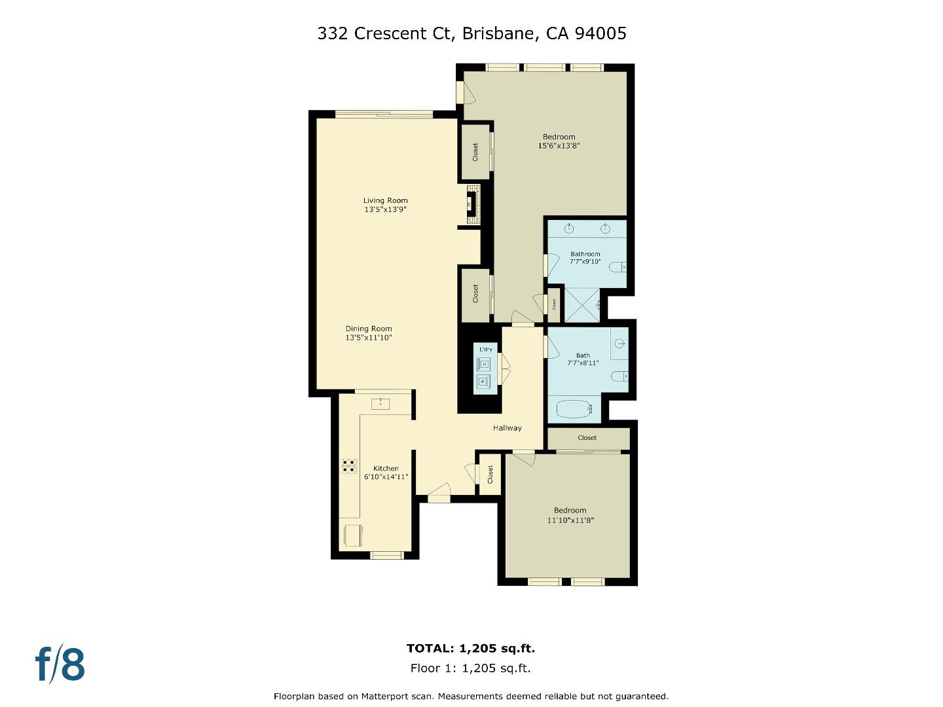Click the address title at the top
coord(471,33)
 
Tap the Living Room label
coord(386,201)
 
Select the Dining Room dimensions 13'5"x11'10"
coord(369,338)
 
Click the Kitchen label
coord(386,468)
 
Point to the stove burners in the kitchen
coord(349,465)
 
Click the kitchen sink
coord(380,404)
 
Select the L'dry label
coord(485,350)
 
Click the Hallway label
coord(508,428)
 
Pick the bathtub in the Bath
coord(574,410)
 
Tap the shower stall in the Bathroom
coord(582,305)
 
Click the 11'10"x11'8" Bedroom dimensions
coord(570,520)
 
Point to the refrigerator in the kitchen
coord(352,535)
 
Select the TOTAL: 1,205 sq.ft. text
coord(471,649)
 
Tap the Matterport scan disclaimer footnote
coord(471,697)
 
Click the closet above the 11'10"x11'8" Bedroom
coord(587,438)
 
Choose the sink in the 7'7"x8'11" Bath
coord(620,342)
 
